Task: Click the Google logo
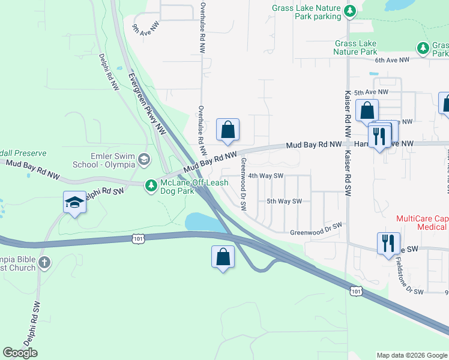(20, 353)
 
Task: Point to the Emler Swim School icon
(143, 159)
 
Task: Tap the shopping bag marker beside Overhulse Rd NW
(228, 130)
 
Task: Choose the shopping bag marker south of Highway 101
(223, 256)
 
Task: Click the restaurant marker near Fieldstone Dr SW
(387, 243)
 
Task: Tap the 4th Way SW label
(265, 176)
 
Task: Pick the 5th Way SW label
(283, 202)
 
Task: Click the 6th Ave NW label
(392, 60)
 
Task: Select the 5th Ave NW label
(371, 92)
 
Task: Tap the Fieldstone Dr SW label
(410, 275)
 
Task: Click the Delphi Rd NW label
(109, 72)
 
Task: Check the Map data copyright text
(411, 355)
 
